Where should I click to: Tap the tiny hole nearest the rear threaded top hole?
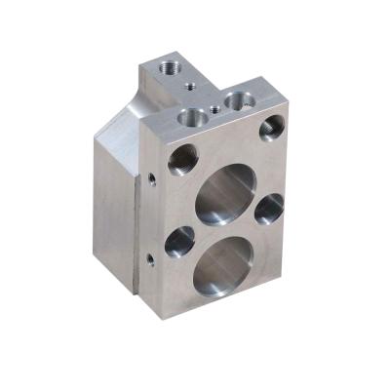point(186,85)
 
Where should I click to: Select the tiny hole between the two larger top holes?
point(214,106)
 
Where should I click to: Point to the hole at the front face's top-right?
point(272,126)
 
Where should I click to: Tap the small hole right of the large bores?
point(269,208)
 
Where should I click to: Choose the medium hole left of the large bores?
point(179,241)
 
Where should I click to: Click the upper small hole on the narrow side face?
point(153,178)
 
